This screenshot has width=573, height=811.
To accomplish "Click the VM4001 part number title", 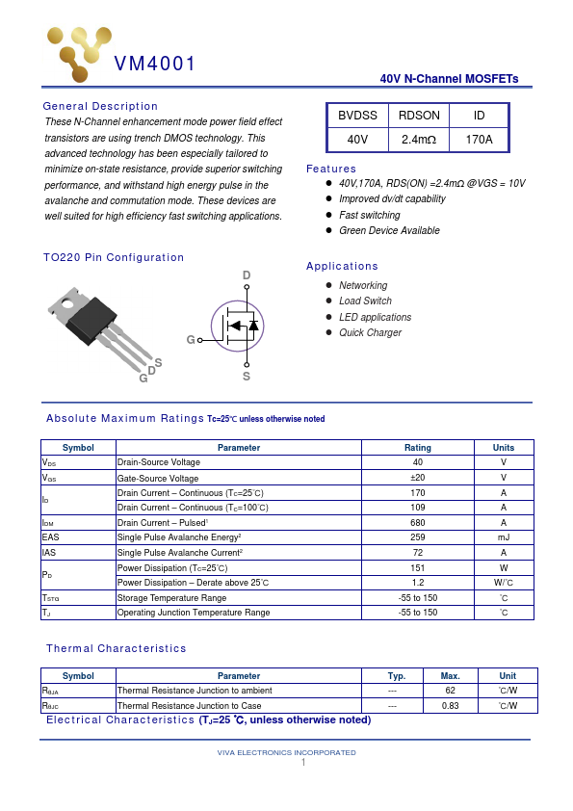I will coord(155,65).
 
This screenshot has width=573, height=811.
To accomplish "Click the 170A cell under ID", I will coord(479,140).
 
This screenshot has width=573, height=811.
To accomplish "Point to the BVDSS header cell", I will coord(357,116).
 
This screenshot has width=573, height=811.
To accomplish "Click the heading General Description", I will coord(100,106).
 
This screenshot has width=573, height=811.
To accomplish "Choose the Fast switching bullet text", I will coord(370,215).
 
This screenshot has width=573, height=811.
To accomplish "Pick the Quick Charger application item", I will coord(370,332).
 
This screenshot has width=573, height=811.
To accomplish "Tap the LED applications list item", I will coord(375,317).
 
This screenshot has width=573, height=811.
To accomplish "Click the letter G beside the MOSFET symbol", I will coord(191,340).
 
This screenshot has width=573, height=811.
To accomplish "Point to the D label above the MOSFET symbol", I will coord(247,276).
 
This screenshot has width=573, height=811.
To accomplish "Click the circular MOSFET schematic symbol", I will coord(237,326).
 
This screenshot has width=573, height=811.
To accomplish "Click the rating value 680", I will coord(418,522).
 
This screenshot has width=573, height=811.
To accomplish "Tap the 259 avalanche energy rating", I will coord(418,537).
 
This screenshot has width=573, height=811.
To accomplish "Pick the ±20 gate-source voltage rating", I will coord(418,478).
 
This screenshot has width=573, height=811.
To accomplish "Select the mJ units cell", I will coord(503,537).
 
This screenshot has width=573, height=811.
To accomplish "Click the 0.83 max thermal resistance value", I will coord(450,706).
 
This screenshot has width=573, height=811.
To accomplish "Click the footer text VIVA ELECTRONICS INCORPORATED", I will coord(286,752).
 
